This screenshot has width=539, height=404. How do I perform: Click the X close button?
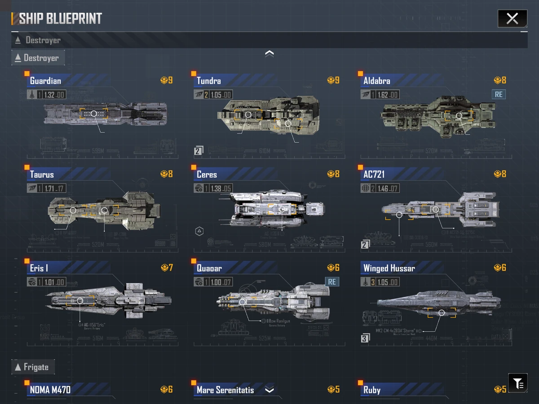[x=512, y=18]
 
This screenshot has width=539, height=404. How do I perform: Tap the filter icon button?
[x=518, y=383]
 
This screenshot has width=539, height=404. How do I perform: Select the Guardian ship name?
[x=45, y=81]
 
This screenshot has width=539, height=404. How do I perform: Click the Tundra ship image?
[x=269, y=115]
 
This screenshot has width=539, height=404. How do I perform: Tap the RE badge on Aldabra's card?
[x=499, y=94]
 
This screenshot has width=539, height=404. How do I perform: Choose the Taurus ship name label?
[x=42, y=175]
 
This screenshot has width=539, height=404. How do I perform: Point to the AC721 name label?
[x=374, y=175]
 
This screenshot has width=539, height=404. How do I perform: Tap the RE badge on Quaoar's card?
[x=332, y=282]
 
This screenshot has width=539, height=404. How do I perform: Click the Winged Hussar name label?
[x=389, y=268]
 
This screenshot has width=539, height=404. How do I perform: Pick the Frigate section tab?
[x=33, y=367]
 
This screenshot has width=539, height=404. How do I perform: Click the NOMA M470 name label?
[x=50, y=390]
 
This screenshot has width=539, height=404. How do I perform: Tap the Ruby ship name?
[x=372, y=390]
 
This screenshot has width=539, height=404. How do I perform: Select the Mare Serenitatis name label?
[x=225, y=390]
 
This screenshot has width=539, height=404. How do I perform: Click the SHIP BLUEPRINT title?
[x=60, y=18]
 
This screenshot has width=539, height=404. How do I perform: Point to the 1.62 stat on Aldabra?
[x=383, y=95]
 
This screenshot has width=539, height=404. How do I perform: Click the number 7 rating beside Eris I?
[x=171, y=268]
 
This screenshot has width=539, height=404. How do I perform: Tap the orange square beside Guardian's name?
[x=27, y=73]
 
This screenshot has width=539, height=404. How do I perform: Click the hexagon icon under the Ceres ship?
[x=199, y=232]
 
